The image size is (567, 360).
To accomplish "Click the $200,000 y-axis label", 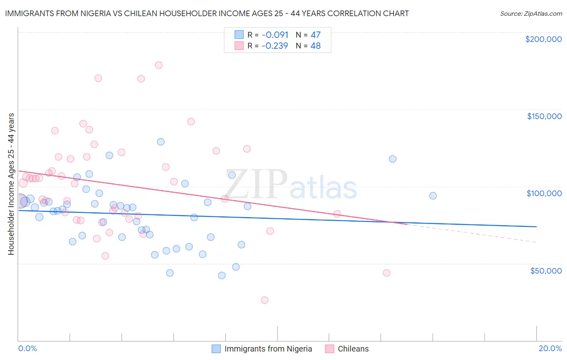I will pos(543,39).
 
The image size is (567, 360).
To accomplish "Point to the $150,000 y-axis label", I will pos(544,116).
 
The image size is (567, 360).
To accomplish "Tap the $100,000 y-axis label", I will pos(544,193).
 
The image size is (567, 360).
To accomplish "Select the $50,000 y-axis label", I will pos(546,271).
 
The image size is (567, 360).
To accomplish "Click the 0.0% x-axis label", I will pos(27,348).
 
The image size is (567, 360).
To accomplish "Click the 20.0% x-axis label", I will pos(550,348).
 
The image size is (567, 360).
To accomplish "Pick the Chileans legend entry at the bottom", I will pos(353,349).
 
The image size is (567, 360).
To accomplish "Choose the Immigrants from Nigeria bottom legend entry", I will pos(268,349).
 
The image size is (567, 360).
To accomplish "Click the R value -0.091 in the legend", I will pos(275,35).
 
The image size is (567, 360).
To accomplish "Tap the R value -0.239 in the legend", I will pos(275,46).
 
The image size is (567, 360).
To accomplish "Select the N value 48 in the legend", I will pos(315,46).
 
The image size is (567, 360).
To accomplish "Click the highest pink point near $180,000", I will pos(158,65).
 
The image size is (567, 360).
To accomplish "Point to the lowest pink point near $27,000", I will pos(265,300).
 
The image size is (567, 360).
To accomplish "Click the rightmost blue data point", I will pos(433,196).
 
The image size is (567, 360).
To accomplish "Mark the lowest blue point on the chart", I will pos(221,276).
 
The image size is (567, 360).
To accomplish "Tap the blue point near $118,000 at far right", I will pos(392,159).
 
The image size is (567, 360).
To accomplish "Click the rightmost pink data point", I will pos(386,273).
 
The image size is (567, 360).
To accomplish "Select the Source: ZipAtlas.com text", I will pos(531,13).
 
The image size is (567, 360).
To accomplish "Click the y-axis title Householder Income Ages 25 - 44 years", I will pos(11,184).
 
